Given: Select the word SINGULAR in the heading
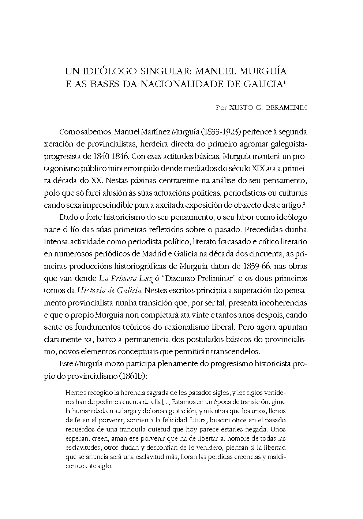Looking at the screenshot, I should click(166, 70).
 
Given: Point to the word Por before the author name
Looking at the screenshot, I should click(222, 108).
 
